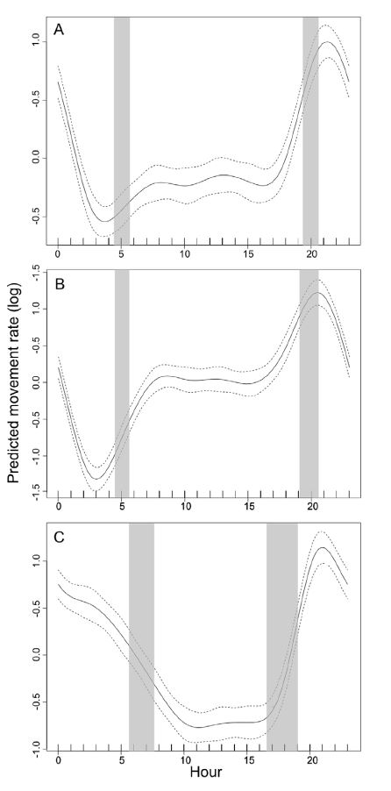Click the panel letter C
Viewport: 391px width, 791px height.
click(59, 536)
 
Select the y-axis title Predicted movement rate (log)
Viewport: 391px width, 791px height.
click(15, 395)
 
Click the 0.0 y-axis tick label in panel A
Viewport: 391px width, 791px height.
click(35, 159)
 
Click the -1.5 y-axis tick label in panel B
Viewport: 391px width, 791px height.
click(35, 492)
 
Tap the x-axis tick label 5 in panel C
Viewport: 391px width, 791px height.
click(122, 759)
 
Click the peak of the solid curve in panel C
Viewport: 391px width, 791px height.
click(323, 547)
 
